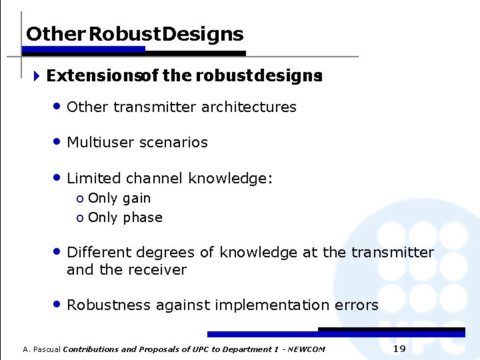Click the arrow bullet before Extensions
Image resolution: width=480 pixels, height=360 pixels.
(37, 76)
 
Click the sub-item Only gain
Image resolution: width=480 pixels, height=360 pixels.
(119, 198)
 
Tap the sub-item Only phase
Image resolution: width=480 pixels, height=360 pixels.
(125, 217)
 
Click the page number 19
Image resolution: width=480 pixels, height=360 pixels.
(399, 349)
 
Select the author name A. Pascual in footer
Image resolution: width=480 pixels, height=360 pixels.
(41, 349)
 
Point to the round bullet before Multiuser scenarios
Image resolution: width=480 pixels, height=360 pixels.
(58, 141)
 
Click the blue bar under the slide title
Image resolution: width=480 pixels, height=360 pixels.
(85, 49)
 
